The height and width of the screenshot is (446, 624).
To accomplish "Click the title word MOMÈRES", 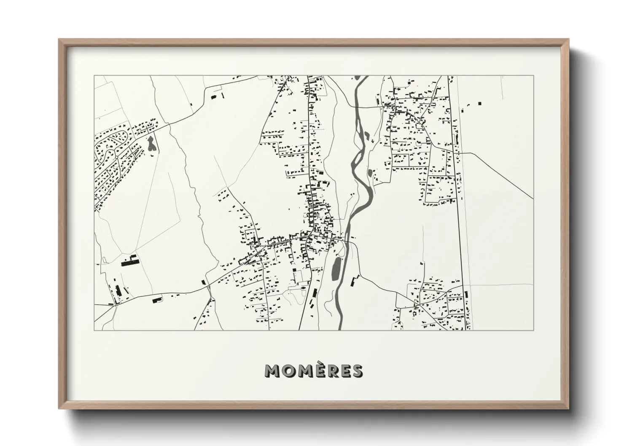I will [x=313, y=371].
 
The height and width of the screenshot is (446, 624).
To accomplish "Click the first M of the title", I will [x=272, y=371].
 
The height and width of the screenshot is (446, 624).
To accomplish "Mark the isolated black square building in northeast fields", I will [x=479, y=103].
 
